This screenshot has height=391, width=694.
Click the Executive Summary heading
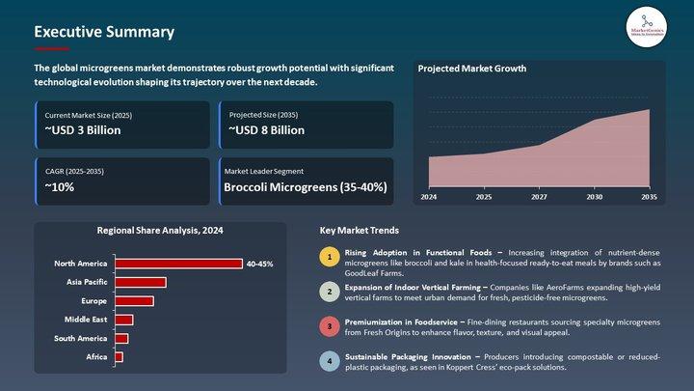[104, 32]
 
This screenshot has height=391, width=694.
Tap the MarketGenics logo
[647, 27]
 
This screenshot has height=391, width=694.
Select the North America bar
[178, 264]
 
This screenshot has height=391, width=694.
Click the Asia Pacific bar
[141, 282]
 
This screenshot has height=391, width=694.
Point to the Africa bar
[119, 357]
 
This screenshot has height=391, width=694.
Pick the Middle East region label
[86, 320]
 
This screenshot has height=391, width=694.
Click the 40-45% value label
[259, 264]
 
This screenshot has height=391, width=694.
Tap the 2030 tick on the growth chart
[594, 197]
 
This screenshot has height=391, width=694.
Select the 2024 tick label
[428, 197]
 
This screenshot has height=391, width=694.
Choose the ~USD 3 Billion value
[83, 130]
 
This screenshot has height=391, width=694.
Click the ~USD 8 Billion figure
[267, 130]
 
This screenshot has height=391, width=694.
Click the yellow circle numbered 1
[330, 258]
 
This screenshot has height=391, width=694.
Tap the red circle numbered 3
[330, 326]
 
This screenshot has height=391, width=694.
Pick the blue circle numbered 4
[330, 361]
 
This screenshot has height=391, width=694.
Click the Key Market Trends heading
[359, 231]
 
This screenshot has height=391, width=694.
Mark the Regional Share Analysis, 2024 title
[161, 231]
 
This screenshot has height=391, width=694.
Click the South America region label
[81, 338]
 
